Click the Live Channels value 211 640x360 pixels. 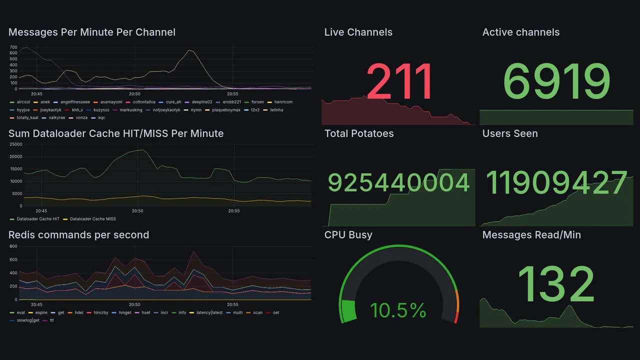399,82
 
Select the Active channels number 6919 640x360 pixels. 556,82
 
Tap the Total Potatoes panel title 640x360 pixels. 358,133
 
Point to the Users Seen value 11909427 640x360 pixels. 556,183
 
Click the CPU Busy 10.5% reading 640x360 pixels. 398,310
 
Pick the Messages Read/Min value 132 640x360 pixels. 556,284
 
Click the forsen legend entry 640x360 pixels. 257,102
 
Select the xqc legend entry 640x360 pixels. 101,118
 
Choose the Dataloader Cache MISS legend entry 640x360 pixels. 92,219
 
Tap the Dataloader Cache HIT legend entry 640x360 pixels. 37,219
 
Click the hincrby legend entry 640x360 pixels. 101,312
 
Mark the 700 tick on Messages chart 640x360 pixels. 13,47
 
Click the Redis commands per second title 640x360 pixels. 78,235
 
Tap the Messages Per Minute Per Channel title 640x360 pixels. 92,32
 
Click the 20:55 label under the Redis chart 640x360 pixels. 232,304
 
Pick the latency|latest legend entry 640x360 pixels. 209,312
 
